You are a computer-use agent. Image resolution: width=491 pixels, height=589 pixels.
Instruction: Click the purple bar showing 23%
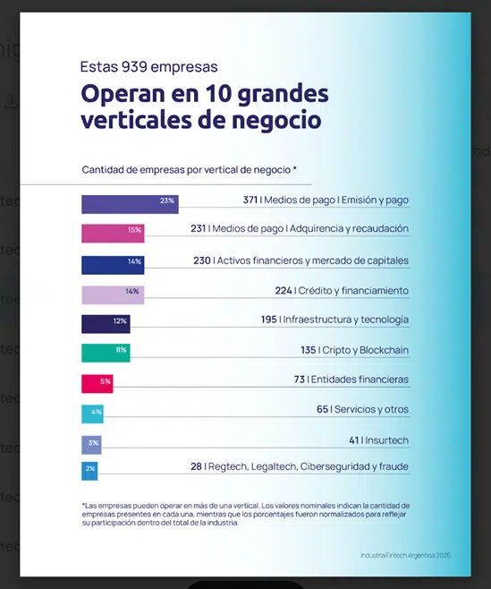pos(129,203)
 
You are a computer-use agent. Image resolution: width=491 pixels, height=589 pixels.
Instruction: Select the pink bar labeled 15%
pos(113,233)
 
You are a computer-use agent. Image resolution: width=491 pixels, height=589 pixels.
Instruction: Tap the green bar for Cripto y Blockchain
pos(106,353)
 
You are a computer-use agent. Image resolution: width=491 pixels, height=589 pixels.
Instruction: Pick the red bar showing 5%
pos(97,383)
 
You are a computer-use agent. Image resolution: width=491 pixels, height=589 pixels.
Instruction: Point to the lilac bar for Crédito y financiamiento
pos(112,294)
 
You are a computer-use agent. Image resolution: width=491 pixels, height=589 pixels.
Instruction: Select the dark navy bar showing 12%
pos(106,323)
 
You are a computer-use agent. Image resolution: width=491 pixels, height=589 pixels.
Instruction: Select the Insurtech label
pos(387,440)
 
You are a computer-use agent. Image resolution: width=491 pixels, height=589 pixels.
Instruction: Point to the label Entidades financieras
pos(360,380)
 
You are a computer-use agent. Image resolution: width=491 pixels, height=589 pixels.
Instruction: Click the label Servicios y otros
pos(372,409)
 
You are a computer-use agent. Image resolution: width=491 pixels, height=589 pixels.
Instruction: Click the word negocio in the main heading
pos(275,119)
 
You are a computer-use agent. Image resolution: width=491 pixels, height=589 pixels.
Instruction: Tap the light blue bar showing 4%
pos(93,414)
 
